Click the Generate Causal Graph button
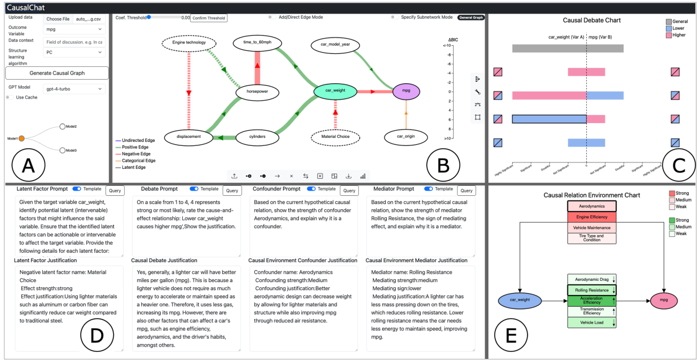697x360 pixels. click(57, 73)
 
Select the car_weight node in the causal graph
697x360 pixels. click(335, 91)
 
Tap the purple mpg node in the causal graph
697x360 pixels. click(405, 91)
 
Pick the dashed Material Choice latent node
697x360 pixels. click(335, 137)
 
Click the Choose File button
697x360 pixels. click(57, 19)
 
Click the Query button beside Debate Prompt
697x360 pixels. click(232, 190)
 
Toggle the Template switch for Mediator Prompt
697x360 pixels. click(429, 189)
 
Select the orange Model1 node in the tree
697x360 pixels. click(21, 138)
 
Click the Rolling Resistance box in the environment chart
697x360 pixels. click(591, 290)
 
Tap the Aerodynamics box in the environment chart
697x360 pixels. click(591, 207)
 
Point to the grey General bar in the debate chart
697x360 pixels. click(567, 49)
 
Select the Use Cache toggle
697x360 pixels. click(10, 97)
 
